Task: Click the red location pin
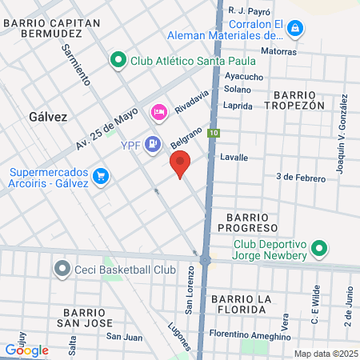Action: click(181, 164)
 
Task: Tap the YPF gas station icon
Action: click(154, 144)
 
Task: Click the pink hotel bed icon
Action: click(158, 110)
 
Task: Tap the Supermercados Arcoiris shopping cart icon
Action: click(101, 175)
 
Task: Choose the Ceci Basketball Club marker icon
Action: click(62, 270)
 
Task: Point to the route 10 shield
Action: click(213, 133)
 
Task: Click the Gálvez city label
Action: click(48, 116)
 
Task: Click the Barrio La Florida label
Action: click(250, 303)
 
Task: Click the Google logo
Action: click(26, 350)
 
